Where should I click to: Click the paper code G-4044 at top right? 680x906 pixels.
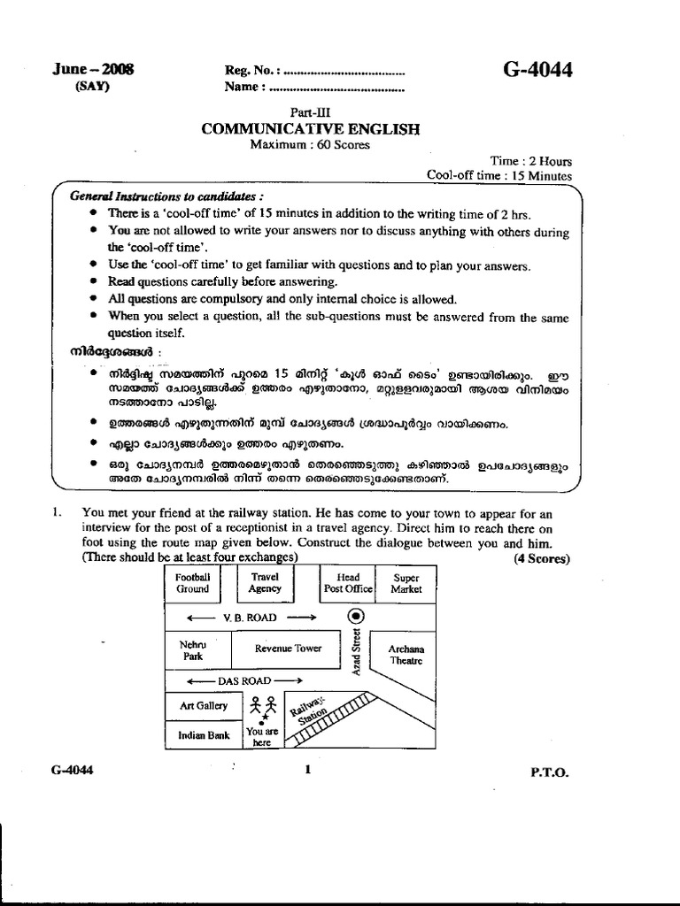click(537, 70)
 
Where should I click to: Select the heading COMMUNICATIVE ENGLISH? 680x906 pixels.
click(310, 129)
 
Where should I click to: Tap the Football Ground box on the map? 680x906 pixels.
click(192, 582)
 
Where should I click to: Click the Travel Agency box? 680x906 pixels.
click(265, 582)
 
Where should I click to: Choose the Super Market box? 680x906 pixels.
click(406, 582)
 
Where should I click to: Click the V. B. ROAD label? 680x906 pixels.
click(251, 617)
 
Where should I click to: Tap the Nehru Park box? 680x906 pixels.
click(193, 650)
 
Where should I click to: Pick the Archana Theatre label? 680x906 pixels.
click(406, 655)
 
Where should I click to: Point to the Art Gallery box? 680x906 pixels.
click(204, 706)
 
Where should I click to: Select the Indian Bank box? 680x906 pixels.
click(204, 735)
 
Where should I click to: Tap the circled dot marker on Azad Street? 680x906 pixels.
click(356, 616)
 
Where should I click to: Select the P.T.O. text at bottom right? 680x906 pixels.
click(550, 772)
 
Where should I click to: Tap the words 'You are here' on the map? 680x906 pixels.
click(262, 738)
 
